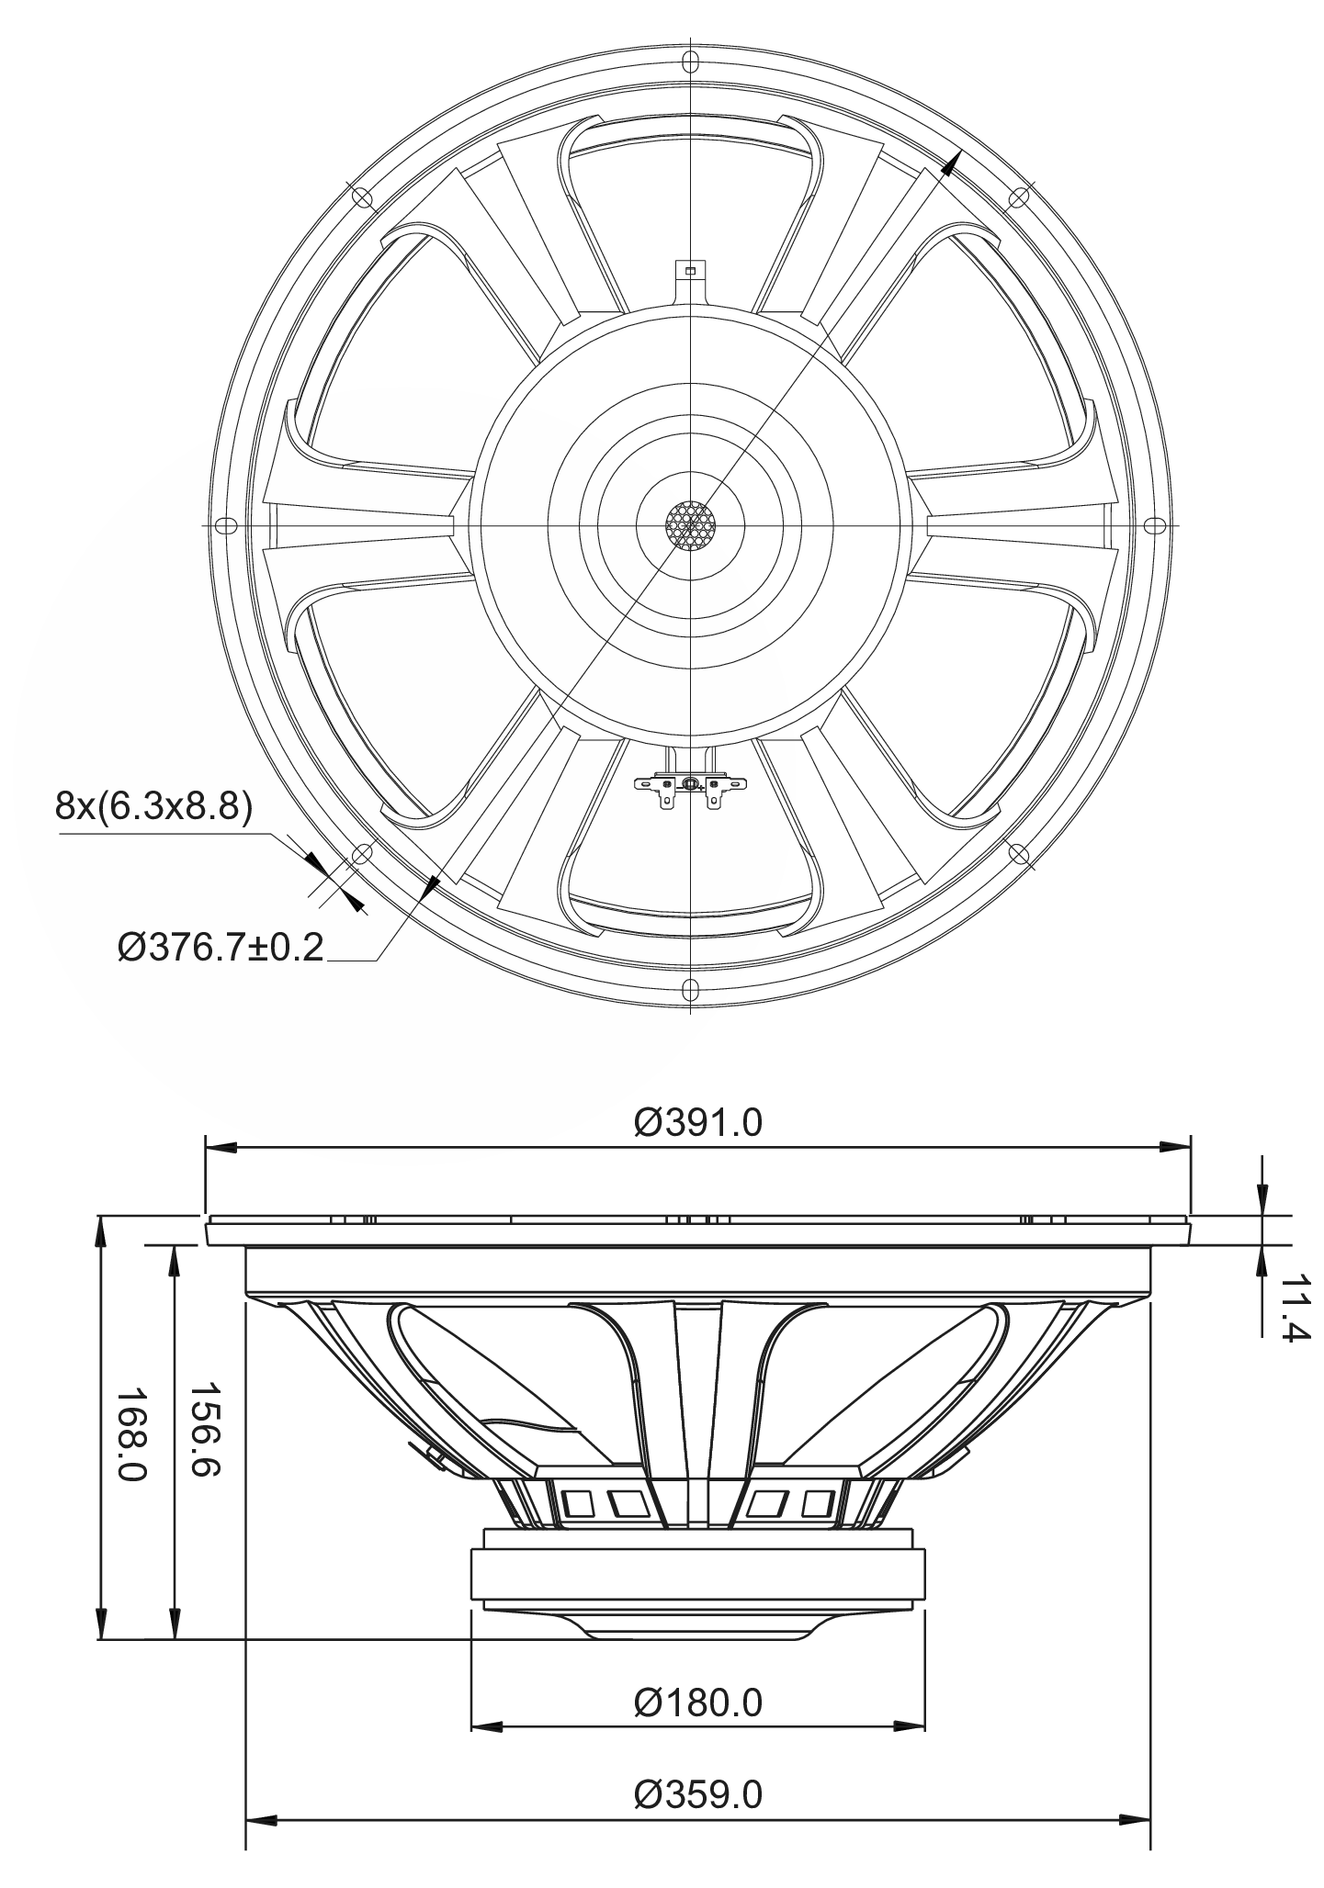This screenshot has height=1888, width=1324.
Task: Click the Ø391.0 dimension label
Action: [x=698, y=1122]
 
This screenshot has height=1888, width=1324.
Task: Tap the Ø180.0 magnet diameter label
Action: [x=698, y=1703]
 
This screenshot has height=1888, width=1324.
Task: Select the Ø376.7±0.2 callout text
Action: [x=221, y=946]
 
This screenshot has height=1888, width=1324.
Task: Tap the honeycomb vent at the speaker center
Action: [x=690, y=526]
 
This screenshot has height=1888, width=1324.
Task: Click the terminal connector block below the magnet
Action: [x=689, y=784]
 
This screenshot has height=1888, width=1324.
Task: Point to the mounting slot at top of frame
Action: [x=689, y=62]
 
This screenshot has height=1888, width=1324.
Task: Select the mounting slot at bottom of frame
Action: [x=689, y=989]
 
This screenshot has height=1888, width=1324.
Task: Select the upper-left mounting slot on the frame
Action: [x=361, y=197]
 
